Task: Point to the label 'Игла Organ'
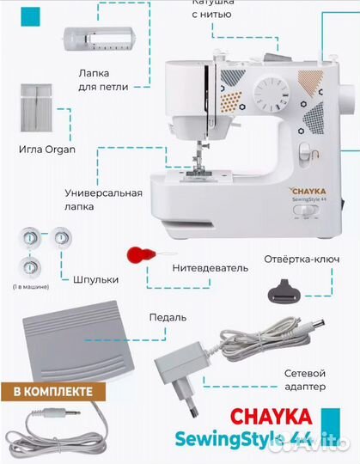[47, 150]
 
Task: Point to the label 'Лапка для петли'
[103, 80]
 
